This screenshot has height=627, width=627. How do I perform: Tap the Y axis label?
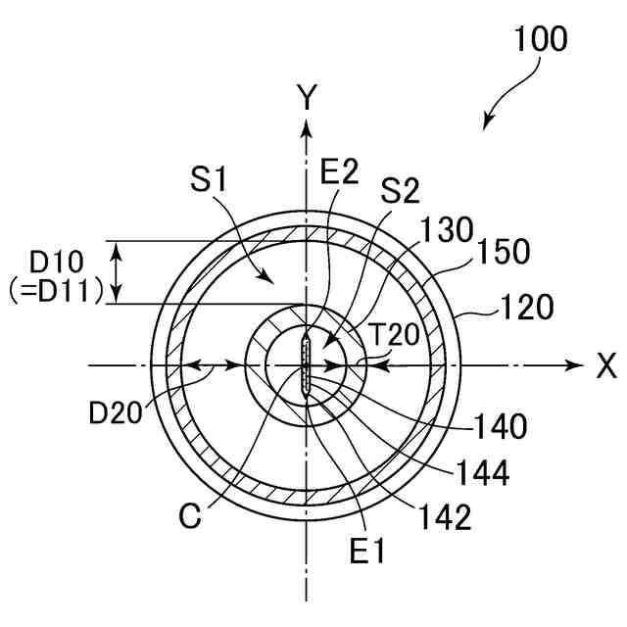[308, 96]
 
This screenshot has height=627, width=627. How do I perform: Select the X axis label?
[606, 366]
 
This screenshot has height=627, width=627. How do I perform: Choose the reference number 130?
[448, 231]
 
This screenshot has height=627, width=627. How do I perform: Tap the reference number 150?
[505, 251]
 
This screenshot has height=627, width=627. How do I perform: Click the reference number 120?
[528, 307]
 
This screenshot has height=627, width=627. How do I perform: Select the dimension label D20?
[116, 412]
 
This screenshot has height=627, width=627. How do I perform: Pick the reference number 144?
[482, 473]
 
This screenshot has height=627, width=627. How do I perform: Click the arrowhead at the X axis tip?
[576, 365]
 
